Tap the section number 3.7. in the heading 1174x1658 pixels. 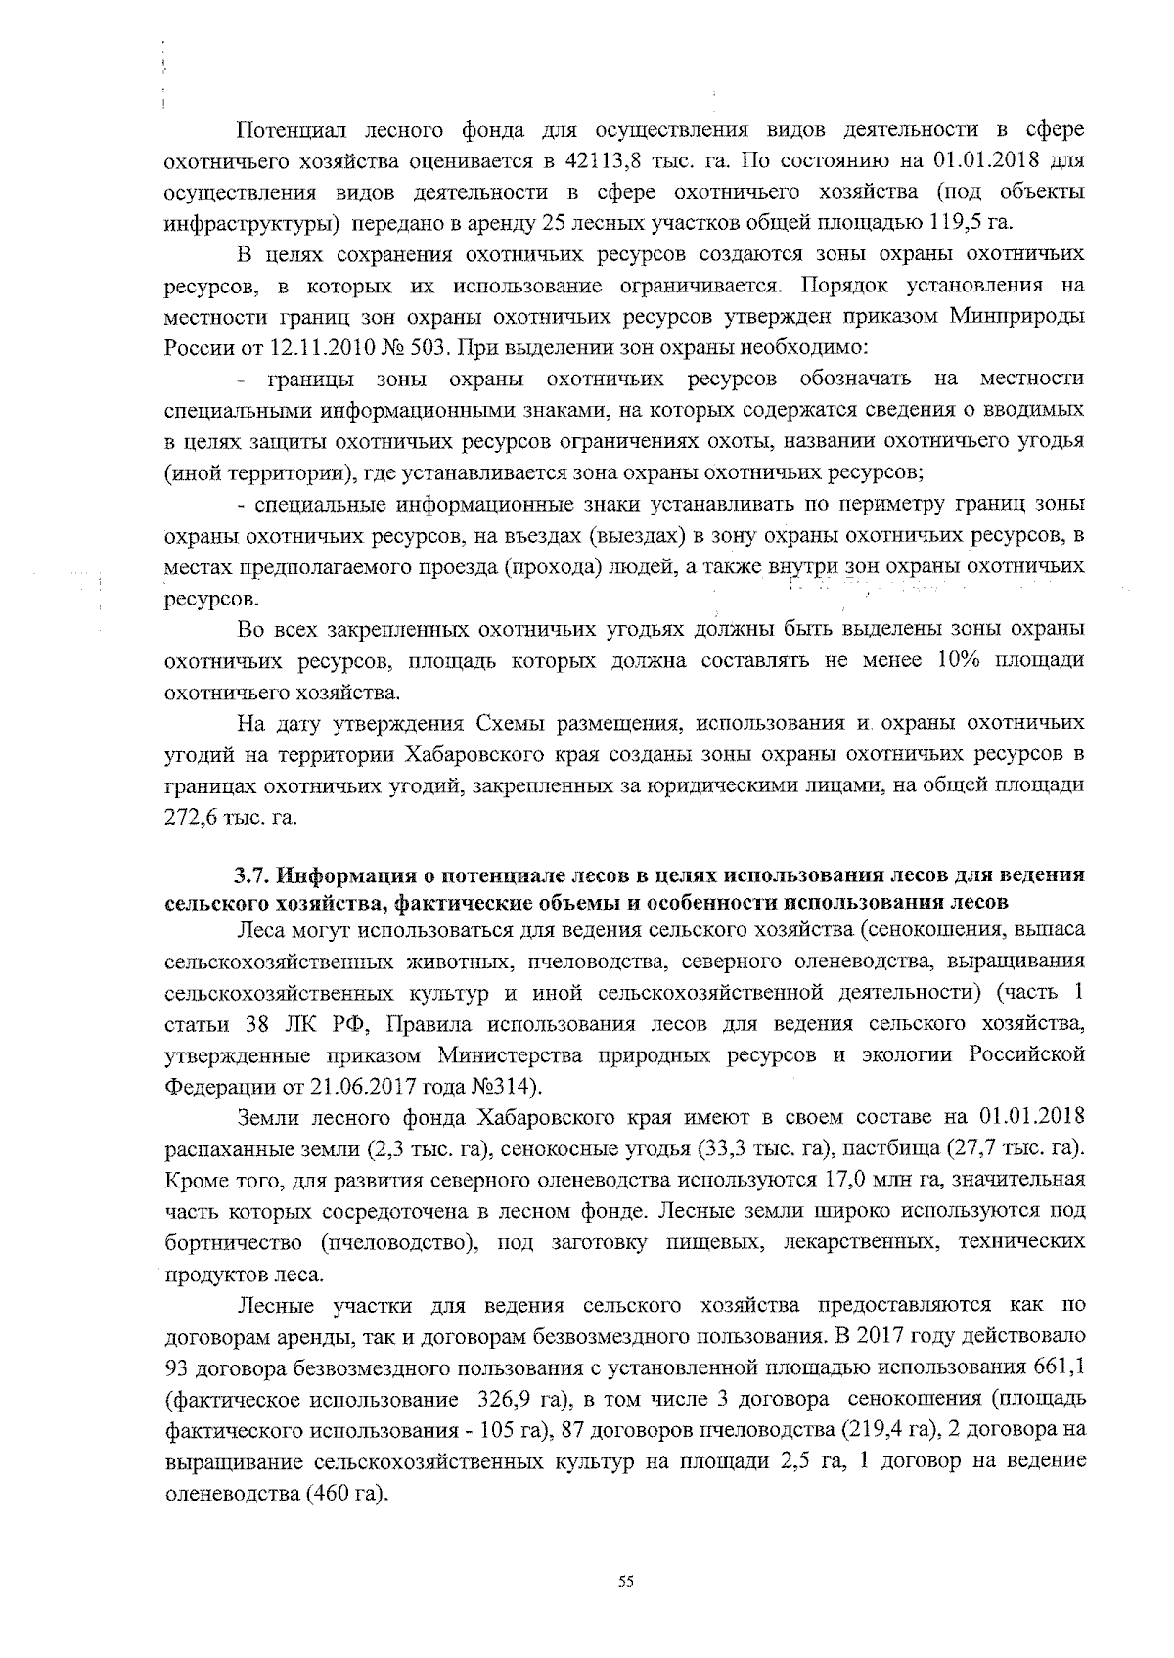(252, 874)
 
